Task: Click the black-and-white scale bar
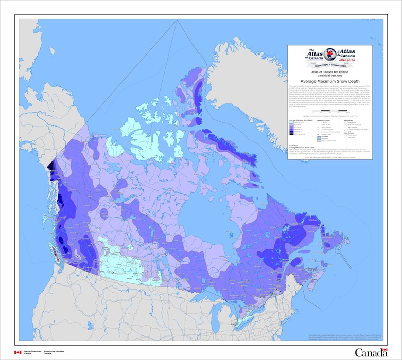340,110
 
